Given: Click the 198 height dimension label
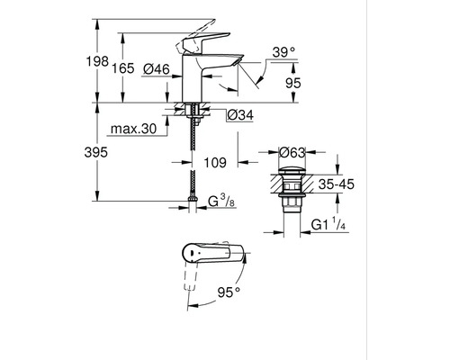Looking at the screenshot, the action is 97,61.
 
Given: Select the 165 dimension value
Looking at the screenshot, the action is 123,68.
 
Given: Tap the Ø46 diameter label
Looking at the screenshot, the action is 157,69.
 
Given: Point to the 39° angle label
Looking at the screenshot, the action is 283,53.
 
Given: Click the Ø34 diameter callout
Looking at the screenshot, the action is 240,115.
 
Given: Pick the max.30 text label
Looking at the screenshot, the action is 134,129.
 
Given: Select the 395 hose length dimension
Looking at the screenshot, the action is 95,152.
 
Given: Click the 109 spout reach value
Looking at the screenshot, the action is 215,163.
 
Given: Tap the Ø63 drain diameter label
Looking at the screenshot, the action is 292,153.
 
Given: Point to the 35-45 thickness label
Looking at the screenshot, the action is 337,184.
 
